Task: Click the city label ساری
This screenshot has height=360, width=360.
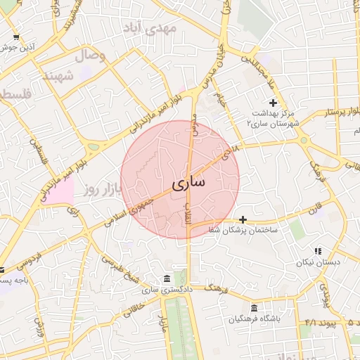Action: click(x=188, y=183)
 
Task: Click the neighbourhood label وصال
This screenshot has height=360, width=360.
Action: click(x=90, y=55)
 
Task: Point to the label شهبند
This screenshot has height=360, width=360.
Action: click(x=58, y=75)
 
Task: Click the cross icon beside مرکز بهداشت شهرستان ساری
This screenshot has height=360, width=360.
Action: click(x=274, y=103)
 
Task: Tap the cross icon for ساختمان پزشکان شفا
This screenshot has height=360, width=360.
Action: click(x=243, y=219)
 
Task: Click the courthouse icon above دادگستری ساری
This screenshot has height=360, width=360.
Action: click(x=166, y=279)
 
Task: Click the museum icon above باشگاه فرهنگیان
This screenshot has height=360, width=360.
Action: click(x=254, y=308)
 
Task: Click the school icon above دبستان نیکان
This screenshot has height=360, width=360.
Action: click(x=318, y=251)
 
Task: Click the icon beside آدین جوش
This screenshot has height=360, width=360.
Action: click(x=15, y=38)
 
